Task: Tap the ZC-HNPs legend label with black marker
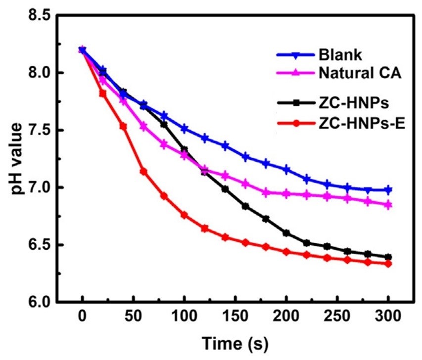(x=348, y=103)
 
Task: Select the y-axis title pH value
(x=16, y=158)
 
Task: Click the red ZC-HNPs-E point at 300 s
(x=388, y=264)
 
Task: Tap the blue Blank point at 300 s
(x=388, y=190)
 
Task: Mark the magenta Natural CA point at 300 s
(x=388, y=205)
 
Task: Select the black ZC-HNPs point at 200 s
(x=286, y=233)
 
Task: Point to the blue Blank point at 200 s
(x=286, y=170)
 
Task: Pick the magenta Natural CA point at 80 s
(x=164, y=144)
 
